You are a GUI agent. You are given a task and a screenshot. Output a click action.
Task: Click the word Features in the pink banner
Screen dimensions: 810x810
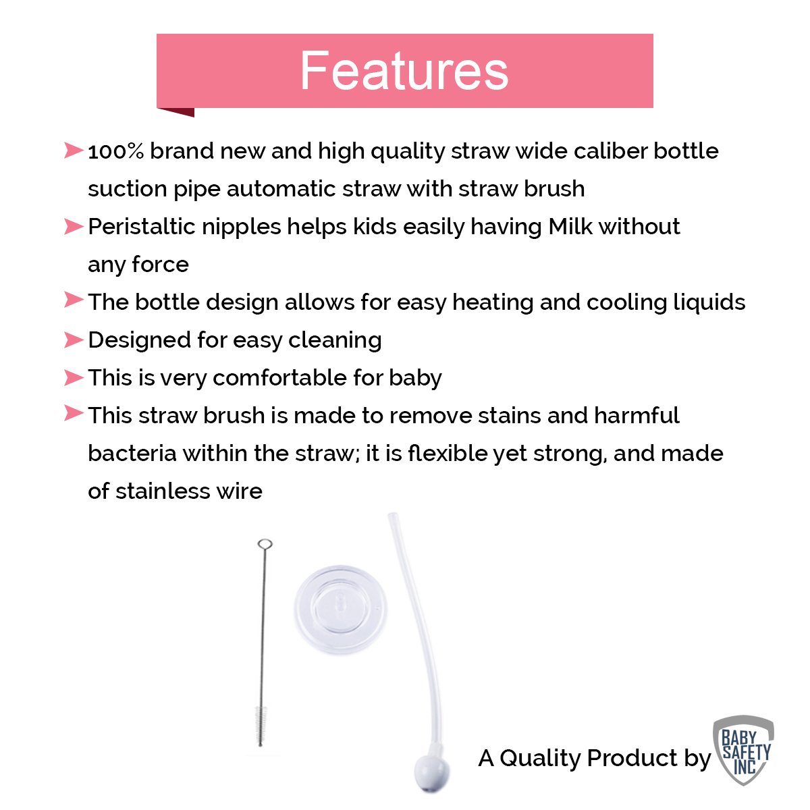(404, 70)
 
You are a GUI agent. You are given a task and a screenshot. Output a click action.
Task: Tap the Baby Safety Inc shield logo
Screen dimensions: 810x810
(743, 750)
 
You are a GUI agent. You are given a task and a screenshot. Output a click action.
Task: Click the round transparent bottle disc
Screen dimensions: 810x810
(340, 609)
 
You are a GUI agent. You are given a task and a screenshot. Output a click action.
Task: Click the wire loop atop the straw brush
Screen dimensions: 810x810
(265, 544)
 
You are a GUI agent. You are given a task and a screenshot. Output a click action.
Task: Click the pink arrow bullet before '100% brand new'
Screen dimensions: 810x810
(74, 151)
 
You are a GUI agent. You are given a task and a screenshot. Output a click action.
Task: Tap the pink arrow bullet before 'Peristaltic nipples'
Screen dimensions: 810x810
(74, 227)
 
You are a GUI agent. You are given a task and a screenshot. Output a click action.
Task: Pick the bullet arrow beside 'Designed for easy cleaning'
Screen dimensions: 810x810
(74, 340)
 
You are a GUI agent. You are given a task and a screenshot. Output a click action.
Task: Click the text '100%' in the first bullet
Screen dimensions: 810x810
(116, 151)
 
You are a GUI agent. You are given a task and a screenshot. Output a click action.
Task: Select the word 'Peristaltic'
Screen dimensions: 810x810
(142, 227)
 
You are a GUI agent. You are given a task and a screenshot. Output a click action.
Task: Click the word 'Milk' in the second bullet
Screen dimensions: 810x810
(570, 227)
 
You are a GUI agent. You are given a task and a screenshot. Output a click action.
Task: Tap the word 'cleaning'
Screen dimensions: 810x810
(335, 340)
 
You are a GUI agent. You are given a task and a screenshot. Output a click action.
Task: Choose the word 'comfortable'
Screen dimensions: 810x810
(279, 377)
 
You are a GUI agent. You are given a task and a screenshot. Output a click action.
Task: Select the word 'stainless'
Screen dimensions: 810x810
(163, 491)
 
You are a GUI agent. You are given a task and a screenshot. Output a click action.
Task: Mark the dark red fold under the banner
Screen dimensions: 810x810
(175, 112)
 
